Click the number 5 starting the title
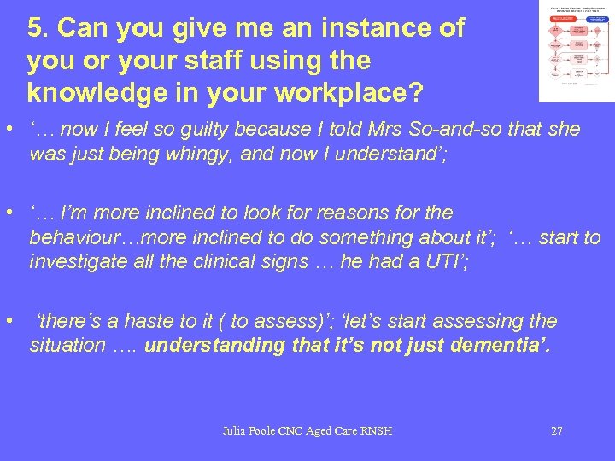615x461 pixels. (34, 28)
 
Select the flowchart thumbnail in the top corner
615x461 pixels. (575, 50)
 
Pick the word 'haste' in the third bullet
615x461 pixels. (150, 321)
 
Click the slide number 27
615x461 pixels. (556, 431)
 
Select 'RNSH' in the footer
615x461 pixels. (375, 431)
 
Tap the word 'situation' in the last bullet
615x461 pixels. (62, 346)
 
